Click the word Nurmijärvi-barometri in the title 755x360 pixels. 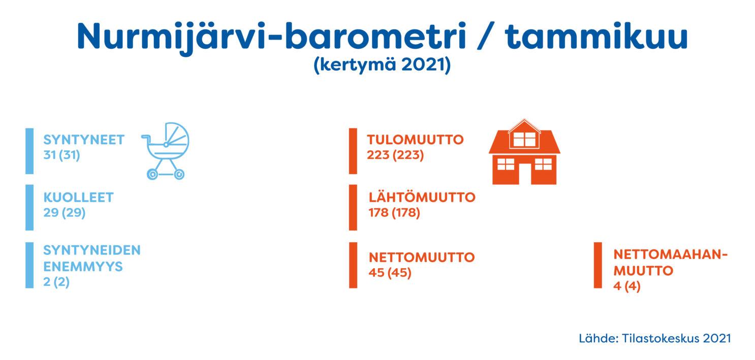[272, 37]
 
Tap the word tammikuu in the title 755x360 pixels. [596, 36]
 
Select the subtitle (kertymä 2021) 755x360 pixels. [382, 64]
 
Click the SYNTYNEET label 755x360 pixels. [84, 140]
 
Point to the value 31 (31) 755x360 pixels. [61, 155]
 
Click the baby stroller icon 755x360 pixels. [165, 151]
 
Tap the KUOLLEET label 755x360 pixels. [79, 198]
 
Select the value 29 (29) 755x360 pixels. [65, 213]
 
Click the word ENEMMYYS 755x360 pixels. [83, 267]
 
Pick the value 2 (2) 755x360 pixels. [56, 281]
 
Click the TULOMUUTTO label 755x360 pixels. [416, 140]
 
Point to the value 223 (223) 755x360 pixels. [395, 155]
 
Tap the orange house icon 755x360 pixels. [524, 151]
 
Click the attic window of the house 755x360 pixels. [524, 140]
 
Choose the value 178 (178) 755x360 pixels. [394, 213]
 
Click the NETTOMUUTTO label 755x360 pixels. [422, 257]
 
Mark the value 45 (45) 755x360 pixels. [390, 273]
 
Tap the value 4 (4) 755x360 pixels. [627, 286]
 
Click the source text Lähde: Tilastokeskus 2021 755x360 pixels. [655, 338]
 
